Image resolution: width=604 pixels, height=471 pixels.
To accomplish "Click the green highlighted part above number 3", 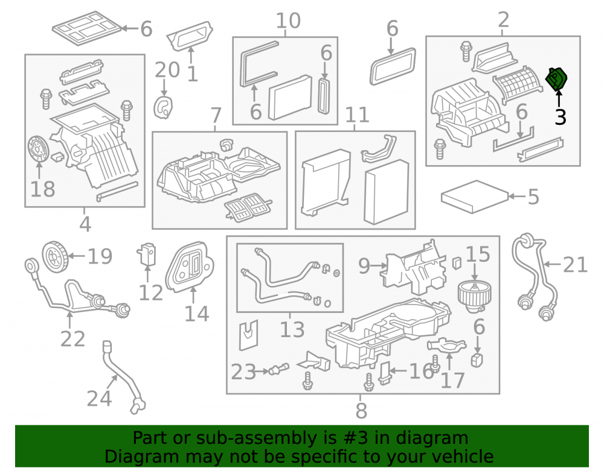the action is pyautogui.click(x=556, y=79).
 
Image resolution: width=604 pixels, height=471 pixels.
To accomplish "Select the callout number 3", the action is pyautogui.click(x=561, y=117).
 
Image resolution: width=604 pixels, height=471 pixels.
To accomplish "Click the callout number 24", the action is pyautogui.click(x=100, y=399).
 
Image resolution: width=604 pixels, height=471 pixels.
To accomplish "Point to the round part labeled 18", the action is pyautogui.click(x=39, y=149).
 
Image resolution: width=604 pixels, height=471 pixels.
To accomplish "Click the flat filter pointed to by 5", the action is pyautogui.click(x=475, y=197).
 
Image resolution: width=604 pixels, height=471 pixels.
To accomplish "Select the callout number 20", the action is pyautogui.click(x=167, y=70).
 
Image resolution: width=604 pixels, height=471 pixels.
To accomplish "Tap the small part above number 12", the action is pyautogui.click(x=146, y=254).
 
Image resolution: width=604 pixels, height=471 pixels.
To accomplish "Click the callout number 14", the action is pyautogui.click(x=197, y=314).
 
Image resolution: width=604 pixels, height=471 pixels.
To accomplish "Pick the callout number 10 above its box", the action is pyautogui.click(x=288, y=21).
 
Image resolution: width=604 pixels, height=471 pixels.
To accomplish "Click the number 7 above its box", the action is pyautogui.click(x=216, y=115).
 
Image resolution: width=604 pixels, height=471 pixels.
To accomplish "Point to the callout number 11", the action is pyautogui.click(x=357, y=115).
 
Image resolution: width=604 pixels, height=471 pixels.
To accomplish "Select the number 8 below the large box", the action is pyautogui.click(x=361, y=411).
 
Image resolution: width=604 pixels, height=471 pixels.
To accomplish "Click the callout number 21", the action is pyautogui.click(x=575, y=265).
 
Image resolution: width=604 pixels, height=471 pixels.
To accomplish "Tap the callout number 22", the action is pyautogui.click(x=73, y=339).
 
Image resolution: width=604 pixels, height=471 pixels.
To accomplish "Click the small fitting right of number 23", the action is pyautogui.click(x=279, y=370).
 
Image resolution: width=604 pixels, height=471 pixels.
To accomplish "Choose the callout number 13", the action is pyautogui.click(x=292, y=329).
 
